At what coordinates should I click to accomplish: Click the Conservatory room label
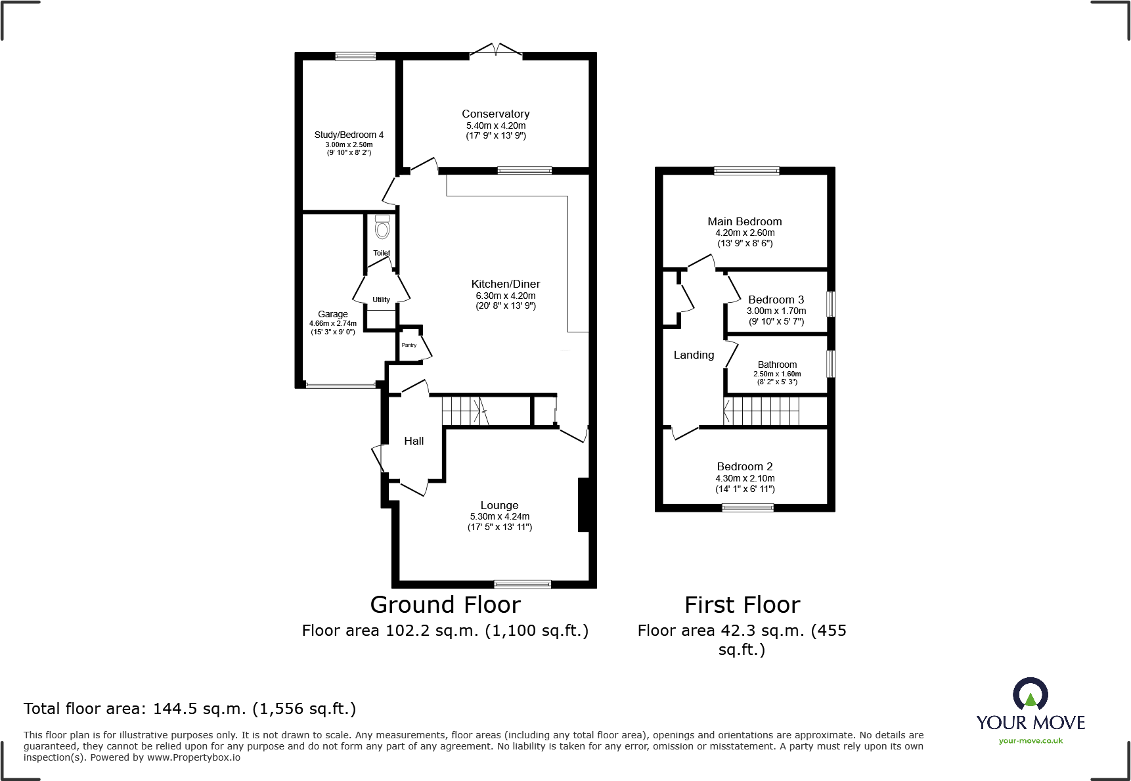pos(495,114)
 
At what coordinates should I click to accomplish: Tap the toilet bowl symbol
pos(382,229)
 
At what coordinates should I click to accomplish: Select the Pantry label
pos(409,345)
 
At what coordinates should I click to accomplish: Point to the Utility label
pos(381,300)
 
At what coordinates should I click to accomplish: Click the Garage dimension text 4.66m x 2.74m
pos(333,323)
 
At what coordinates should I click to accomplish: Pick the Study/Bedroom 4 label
pos(349,135)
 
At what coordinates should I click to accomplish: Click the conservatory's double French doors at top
pos(496,51)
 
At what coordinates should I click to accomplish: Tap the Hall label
pos(414,441)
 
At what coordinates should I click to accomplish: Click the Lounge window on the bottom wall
pos(523,584)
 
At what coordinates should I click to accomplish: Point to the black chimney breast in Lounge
pos(583,504)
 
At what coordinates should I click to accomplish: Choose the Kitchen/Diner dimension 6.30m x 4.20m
pos(506,296)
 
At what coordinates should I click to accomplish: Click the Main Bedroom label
pos(744,221)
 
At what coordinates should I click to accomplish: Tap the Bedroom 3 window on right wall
pos(831,304)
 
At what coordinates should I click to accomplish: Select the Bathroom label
pos(777,365)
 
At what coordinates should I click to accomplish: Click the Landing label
pos(694,355)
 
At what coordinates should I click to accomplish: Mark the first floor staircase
pos(762,411)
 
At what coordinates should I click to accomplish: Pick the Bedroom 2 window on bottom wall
pos(747,507)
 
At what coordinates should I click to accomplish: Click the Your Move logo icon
pos(1030,694)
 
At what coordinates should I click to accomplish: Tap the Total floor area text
pos(190,709)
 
